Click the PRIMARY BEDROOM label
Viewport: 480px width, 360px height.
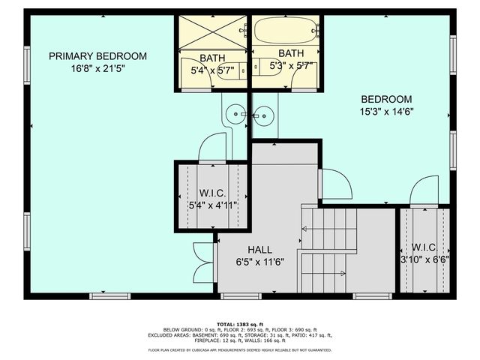tap(97, 56)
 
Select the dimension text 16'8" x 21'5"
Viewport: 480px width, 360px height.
tap(97, 69)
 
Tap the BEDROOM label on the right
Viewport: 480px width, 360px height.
tap(386, 99)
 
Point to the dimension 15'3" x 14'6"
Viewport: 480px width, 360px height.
tap(386, 112)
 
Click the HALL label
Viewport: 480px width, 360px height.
tap(260, 250)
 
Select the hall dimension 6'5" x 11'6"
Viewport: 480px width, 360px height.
tap(260, 262)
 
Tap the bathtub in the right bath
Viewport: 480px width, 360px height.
tap(284, 31)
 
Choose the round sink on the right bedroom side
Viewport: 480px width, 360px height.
tap(263, 115)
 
